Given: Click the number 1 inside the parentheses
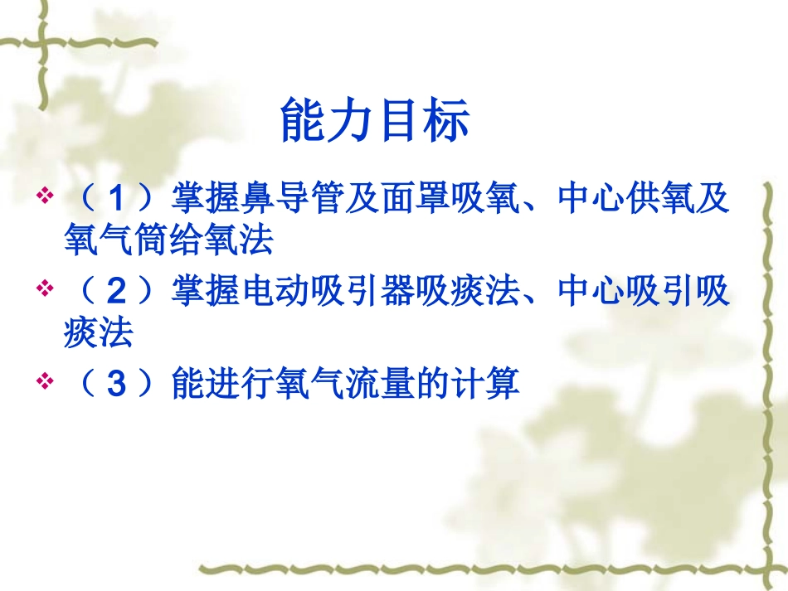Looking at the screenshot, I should [118, 199].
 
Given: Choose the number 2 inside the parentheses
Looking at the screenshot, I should [118, 292].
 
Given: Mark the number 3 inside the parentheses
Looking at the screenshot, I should [118, 385].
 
